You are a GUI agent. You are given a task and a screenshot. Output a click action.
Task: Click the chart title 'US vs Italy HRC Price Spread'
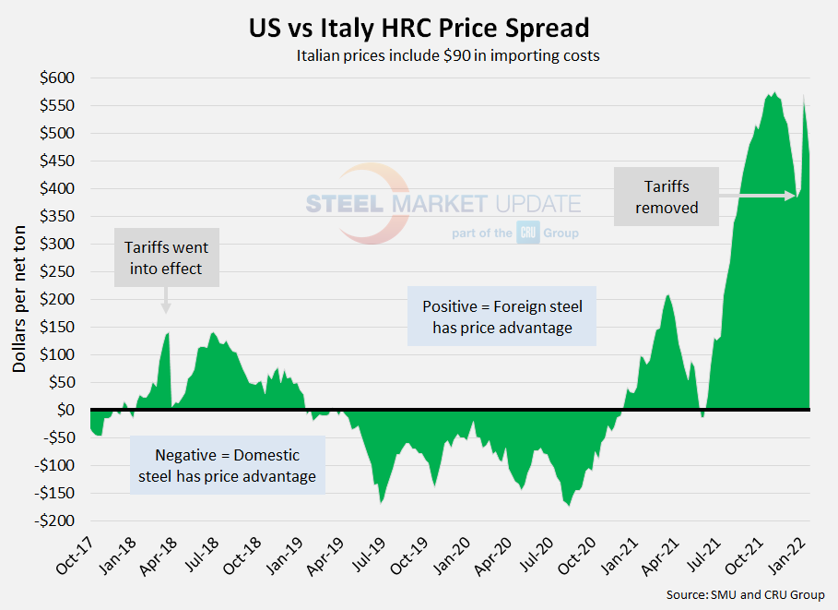[x=419, y=25]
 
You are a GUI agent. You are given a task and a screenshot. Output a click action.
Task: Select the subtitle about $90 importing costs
[x=448, y=55]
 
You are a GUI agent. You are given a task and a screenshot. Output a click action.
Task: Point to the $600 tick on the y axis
[x=57, y=78]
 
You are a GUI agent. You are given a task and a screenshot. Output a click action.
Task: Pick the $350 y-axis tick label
[x=57, y=216]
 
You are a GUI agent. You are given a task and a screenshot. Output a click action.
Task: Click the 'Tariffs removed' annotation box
[x=665, y=197]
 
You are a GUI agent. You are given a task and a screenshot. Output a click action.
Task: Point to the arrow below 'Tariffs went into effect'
[x=166, y=301]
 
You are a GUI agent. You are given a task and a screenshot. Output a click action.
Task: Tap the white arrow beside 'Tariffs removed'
[x=756, y=196]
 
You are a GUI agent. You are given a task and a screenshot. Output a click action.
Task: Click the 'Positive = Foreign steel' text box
[x=502, y=316]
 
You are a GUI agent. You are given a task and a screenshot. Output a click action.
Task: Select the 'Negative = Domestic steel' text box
[x=228, y=465]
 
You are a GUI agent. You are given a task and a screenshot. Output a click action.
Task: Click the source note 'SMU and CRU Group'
[x=745, y=595]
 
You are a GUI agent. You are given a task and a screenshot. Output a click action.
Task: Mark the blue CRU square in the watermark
[x=527, y=233]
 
